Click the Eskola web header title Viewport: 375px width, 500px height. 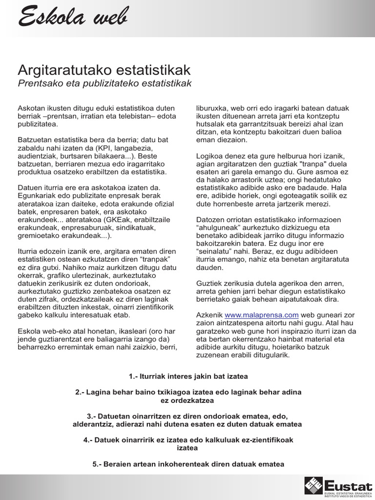(x=73, y=18)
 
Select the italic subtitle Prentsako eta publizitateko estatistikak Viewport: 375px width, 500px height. (x=104, y=83)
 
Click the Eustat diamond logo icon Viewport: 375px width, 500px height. (x=313, y=485)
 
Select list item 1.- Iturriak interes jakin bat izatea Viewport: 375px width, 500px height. (x=188, y=376)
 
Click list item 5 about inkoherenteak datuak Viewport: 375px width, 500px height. (x=188, y=464)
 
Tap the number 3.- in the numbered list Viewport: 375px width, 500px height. (x=93, y=416)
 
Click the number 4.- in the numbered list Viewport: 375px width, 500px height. (x=89, y=440)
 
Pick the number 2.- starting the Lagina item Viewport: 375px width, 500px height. (x=82, y=392)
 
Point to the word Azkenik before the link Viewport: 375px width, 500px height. (x=209, y=315)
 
